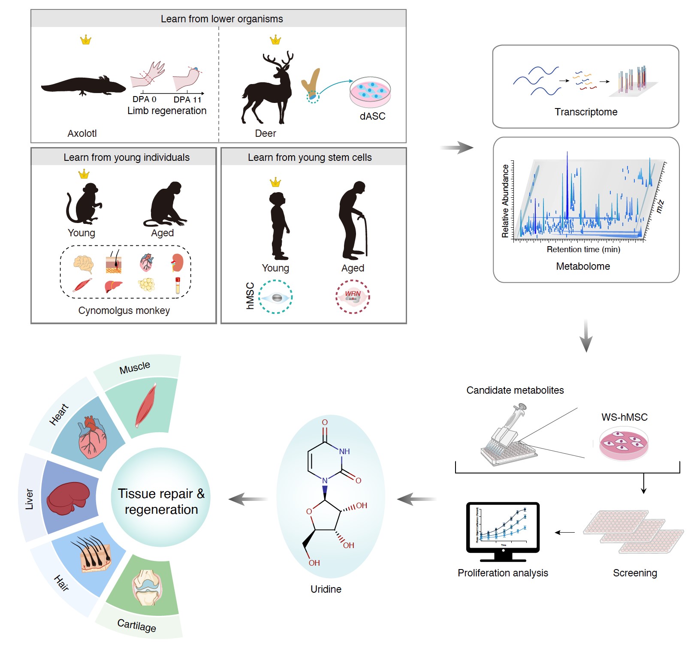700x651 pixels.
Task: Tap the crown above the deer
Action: pyautogui.click(x=275, y=40)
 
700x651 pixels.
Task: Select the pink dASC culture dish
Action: pyautogui.click(x=370, y=93)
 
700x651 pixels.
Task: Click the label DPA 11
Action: pyautogui.click(x=187, y=99)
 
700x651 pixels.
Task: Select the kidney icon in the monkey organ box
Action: pyautogui.click(x=177, y=262)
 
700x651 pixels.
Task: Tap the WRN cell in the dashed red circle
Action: pyautogui.click(x=353, y=297)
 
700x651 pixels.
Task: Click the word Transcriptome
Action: pyautogui.click(x=586, y=112)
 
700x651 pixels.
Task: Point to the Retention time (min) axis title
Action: pyautogui.click(x=583, y=250)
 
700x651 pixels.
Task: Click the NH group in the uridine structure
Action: pyautogui.click(x=344, y=451)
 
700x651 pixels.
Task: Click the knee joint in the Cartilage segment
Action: pyautogui.click(x=146, y=588)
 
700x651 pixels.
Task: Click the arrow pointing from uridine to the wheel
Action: pyautogui.click(x=248, y=499)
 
